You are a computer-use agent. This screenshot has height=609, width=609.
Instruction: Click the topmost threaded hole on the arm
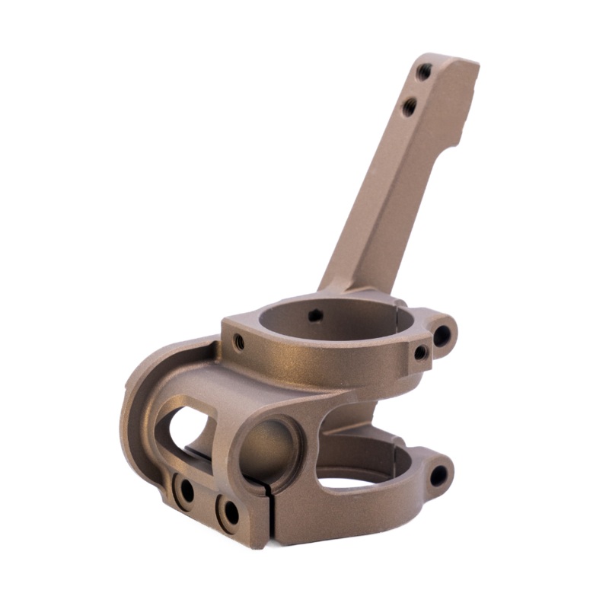click(x=424, y=72)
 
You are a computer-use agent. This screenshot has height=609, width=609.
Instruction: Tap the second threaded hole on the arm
click(x=410, y=107)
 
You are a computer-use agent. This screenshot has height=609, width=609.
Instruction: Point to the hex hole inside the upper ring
click(x=315, y=314)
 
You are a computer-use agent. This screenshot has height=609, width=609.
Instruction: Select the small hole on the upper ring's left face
click(x=238, y=341)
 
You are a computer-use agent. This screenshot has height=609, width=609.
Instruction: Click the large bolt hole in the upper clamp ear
click(x=442, y=333)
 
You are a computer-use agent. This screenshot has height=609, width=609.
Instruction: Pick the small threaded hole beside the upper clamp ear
click(x=419, y=352)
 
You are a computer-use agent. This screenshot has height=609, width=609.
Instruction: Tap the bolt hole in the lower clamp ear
click(x=438, y=476)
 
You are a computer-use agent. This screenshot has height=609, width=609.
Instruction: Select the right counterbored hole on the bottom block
click(x=228, y=512)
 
